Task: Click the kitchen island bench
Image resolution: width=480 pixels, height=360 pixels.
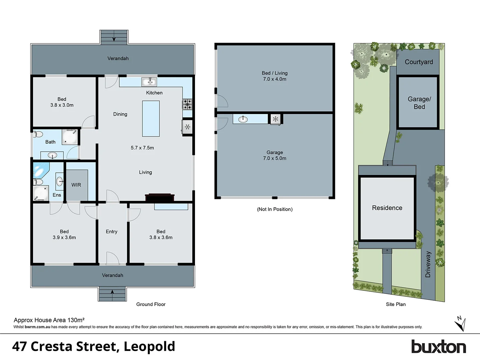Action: click(151, 119)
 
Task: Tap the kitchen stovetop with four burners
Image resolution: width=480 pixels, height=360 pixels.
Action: click(187, 104)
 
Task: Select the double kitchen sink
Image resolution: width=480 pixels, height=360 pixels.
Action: click(149, 82)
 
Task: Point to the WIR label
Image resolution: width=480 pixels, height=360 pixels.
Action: click(76, 185)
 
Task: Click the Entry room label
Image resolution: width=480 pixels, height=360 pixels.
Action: click(111, 232)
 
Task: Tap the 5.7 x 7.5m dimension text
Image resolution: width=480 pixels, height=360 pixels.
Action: click(142, 148)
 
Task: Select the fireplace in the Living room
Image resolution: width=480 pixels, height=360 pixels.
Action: click(160, 197)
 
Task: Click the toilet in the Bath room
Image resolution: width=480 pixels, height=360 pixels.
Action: click(38, 134)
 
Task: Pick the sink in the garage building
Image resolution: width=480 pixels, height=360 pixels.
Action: click(243, 119)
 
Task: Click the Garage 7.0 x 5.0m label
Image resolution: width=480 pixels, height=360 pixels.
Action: click(275, 155)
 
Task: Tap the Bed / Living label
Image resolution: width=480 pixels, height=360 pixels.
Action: click(275, 76)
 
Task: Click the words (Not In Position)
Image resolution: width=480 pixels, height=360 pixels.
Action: click(275, 209)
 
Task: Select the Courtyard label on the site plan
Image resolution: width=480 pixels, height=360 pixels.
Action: click(419, 62)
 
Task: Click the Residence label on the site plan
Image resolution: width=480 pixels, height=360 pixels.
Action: click(387, 208)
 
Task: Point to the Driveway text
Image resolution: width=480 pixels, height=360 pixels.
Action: click(428, 264)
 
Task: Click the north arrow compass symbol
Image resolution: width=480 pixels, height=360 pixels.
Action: click(460, 323)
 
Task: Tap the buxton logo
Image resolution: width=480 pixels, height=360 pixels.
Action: click(438, 347)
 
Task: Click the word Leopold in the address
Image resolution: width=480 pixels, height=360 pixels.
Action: click(149, 347)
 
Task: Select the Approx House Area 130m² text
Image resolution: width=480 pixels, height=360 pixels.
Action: click(49, 320)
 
